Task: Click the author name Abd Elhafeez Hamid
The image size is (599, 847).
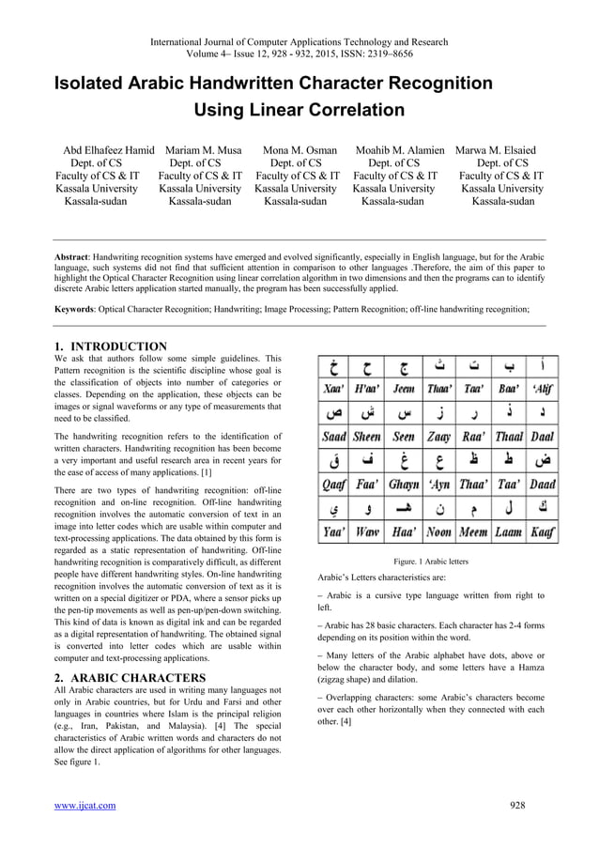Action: coord(108,149)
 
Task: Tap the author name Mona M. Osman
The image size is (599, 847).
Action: coord(299,149)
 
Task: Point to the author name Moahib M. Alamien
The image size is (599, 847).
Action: coord(400,149)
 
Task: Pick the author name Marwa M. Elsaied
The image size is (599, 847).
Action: coord(496,149)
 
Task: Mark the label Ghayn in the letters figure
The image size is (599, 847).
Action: coord(403,485)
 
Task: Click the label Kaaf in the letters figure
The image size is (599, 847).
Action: coord(541,532)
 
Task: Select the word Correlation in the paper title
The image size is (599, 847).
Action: coord(346,111)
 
